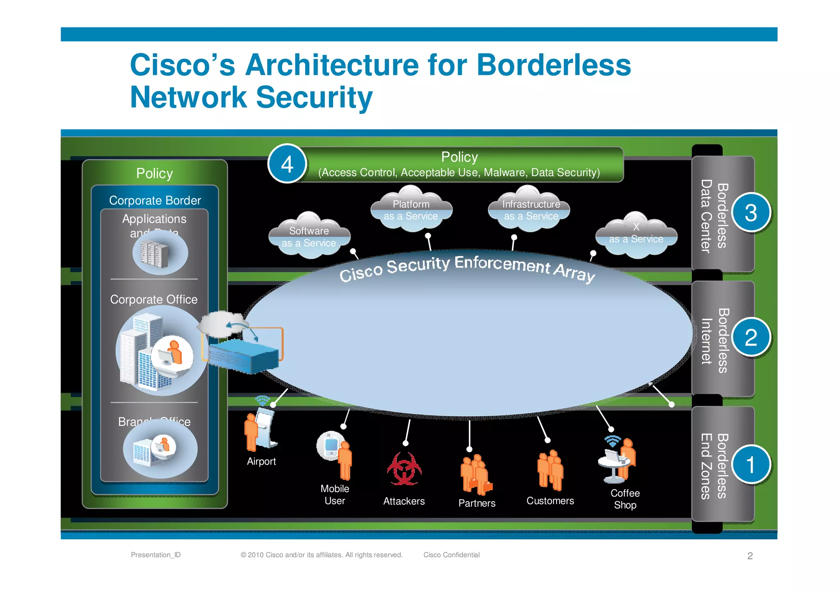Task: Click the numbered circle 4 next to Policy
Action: click(287, 164)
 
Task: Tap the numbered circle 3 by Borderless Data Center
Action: click(750, 213)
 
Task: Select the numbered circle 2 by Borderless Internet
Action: click(750, 338)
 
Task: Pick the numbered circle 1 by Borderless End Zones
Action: click(750, 464)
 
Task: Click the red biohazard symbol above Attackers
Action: click(404, 469)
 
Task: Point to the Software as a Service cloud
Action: click(309, 236)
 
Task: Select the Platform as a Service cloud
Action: click(411, 209)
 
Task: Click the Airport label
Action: click(261, 461)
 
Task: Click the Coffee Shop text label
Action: click(625, 499)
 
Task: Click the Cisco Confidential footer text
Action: click(451, 555)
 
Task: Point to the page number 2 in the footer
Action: click(750, 556)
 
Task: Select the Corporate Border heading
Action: click(155, 200)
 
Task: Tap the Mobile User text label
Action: click(335, 495)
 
